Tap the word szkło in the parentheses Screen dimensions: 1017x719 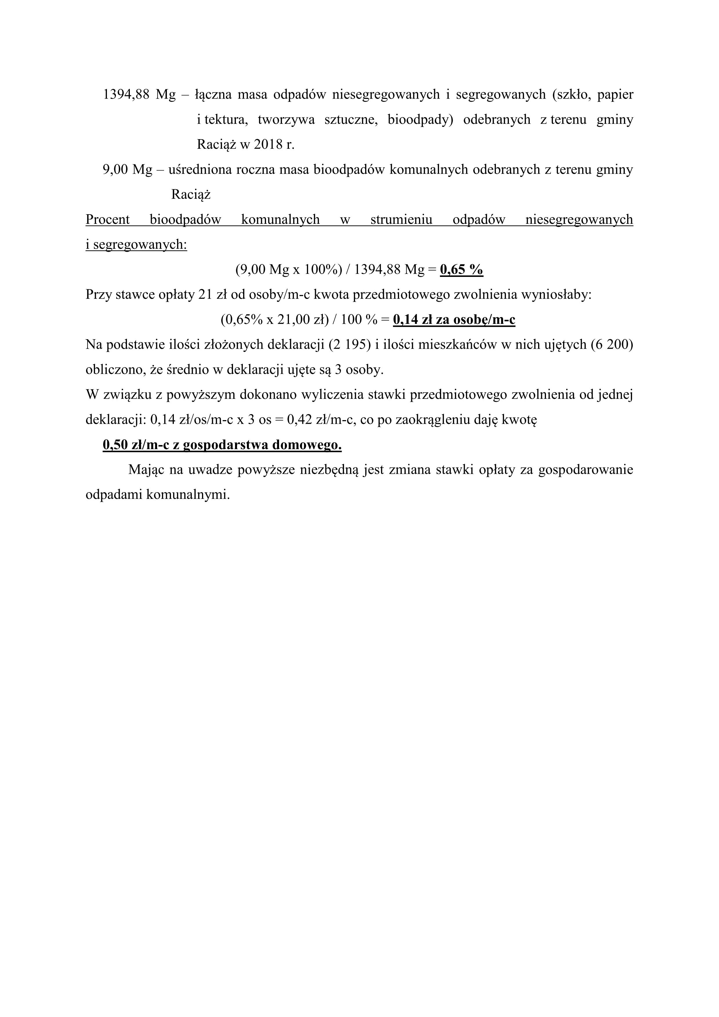pyautogui.click(x=572, y=95)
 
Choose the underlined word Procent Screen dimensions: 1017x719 pyautogui.click(x=108, y=220)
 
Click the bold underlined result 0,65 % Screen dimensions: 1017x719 pyautogui.click(x=461, y=270)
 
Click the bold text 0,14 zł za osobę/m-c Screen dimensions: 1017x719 pyautogui.click(x=454, y=320)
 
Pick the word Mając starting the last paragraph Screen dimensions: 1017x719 pyautogui.click(x=146, y=470)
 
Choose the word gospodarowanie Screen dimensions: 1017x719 pyautogui.click(x=585, y=470)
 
